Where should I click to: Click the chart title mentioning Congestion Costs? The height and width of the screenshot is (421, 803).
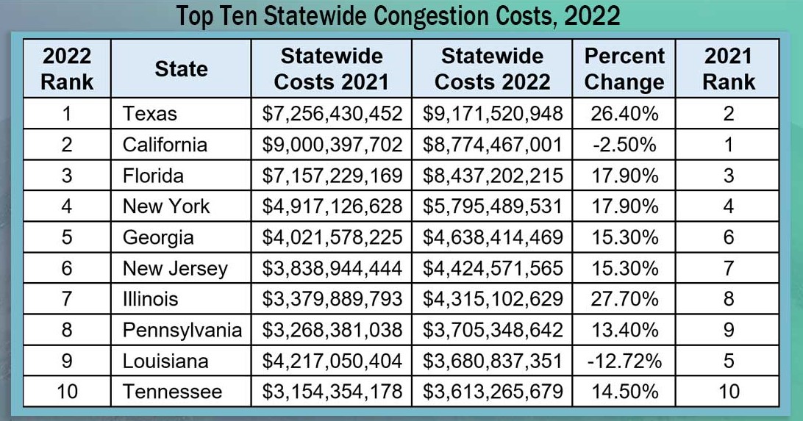[x=398, y=15]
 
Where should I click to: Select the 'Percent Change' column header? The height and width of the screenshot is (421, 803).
[x=624, y=69]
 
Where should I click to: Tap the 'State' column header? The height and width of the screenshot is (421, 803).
[x=181, y=69]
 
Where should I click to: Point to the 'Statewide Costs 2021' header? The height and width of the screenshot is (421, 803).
[x=331, y=69]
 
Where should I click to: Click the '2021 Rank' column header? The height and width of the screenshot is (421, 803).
[x=728, y=69]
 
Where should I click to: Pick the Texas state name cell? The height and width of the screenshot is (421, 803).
[x=150, y=114]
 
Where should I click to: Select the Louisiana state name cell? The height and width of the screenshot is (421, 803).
[x=165, y=361]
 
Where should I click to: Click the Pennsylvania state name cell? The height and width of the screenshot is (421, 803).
[x=182, y=330]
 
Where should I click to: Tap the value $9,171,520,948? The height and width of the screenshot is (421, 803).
[x=493, y=114]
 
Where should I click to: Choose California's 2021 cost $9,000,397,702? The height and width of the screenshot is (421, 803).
[x=332, y=145]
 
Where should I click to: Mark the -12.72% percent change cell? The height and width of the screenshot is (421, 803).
[x=624, y=361]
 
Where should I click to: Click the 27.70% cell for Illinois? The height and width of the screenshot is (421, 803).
[x=624, y=299]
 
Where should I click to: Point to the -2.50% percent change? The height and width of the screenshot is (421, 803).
[x=624, y=145]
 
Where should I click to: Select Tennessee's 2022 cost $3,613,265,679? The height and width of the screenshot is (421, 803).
[x=493, y=392]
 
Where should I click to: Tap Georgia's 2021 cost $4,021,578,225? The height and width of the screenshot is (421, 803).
[x=332, y=237]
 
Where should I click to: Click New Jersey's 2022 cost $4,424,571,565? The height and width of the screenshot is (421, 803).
[x=493, y=268]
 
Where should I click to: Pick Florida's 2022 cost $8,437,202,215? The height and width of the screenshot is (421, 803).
[x=493, y=176]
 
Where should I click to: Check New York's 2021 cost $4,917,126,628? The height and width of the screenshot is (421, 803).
[x=332, y=206]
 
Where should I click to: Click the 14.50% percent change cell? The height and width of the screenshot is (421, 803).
[x=624, y=392]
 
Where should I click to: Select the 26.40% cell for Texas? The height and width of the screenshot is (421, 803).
[x=624, y=114]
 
